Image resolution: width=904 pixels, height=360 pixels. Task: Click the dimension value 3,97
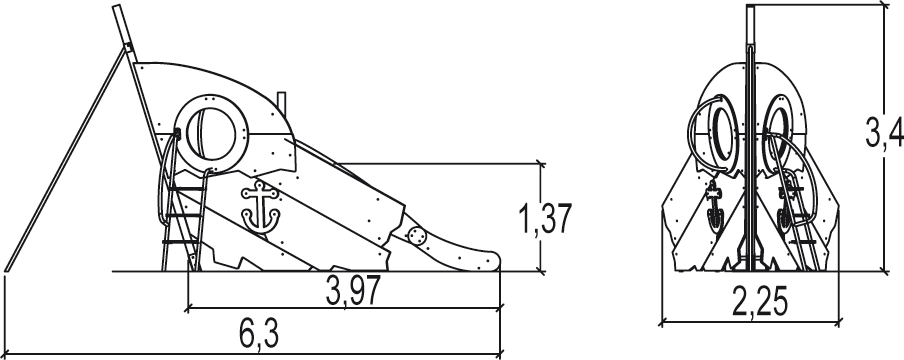coord(353,290)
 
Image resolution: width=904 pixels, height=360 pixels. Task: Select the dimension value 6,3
coord(259,334)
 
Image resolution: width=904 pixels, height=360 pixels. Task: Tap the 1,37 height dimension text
coord(545,219)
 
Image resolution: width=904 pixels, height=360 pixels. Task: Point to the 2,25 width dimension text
coord(759,301)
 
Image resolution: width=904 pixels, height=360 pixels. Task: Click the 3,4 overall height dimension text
coord(884,134)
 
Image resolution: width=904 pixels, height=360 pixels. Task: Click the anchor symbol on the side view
coord(261,206)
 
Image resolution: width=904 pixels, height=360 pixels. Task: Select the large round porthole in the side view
coord(213,133)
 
